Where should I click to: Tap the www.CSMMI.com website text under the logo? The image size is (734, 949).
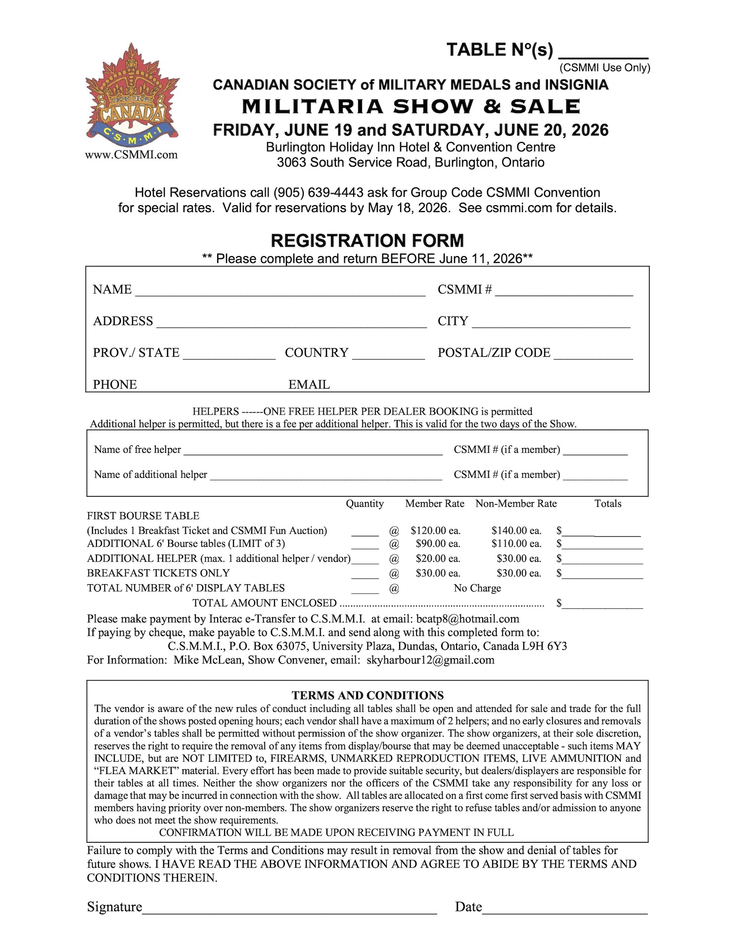click(x=132, y=155)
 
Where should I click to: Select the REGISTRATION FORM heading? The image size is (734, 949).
click(x=367, y=241)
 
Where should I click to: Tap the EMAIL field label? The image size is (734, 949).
click(x=309, y=385)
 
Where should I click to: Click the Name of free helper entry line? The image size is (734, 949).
click(x=313, y=451)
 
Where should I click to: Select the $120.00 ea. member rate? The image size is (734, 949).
click(x=435, y=531)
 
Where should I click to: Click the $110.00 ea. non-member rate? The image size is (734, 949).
click(x=516, y=544)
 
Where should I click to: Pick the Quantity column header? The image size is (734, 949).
click(x=365, y=504)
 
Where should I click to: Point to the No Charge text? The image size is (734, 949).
click(x=477, y=588)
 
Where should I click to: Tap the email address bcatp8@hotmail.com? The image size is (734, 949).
click(x=468, y=619)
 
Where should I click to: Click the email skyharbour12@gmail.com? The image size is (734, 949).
click(x=430, y=660)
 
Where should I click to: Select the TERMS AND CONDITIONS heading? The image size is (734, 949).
click(x=367, y=695)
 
